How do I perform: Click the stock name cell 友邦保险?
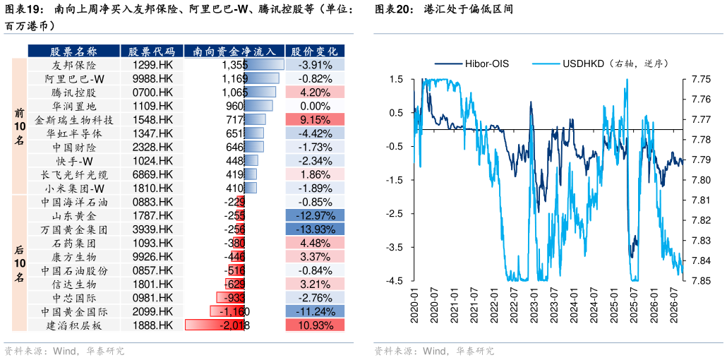(74, 65)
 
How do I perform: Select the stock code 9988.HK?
(152, 78)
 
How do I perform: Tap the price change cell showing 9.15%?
(316, 120)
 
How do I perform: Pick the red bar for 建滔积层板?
(215, 325)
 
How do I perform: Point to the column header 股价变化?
(316, 51)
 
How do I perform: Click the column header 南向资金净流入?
(234, 51)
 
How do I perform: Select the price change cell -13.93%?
(316, 229)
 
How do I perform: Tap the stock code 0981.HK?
(152, 298)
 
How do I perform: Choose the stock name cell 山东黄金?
(74, 216)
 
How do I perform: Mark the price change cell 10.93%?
(316, 325)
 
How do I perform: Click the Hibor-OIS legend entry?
(472, 64)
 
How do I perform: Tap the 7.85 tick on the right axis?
(697, 281)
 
